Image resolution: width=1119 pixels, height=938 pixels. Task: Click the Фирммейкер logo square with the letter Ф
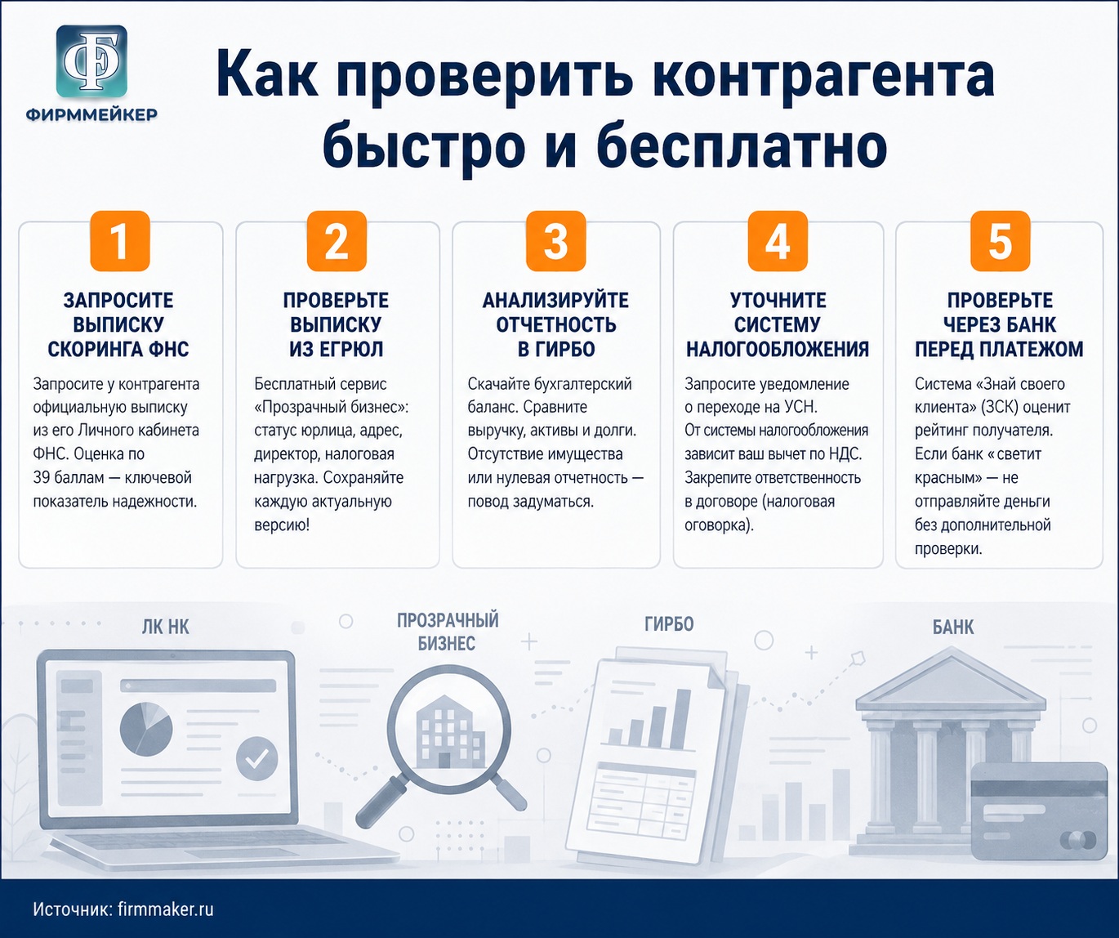pyautogui.click(x=91, y=61)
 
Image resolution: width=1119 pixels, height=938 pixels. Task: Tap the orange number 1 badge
pyautogui.click(x=120, y=241)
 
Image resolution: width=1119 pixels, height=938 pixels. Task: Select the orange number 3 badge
pyautogui.click(x=555, y=241)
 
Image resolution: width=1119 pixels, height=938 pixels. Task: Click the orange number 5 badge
pyautogui.click(x=1000, y=241)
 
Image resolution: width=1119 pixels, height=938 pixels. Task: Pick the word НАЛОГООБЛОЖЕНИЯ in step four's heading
pyautogui.click(x=778, y=350)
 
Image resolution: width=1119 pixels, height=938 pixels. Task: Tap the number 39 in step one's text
pyautogui.click(x=42, y=477)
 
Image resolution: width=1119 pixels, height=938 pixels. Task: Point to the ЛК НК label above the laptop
pyautogui.click(x=166, y=628)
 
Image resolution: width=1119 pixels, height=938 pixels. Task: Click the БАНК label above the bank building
pyautogui.click(x=953, y=628)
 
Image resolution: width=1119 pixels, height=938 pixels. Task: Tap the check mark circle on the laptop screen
pyautogui.click(x=257, y=758)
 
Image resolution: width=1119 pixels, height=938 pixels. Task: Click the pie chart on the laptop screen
pyautogui.click(x=146, y=729)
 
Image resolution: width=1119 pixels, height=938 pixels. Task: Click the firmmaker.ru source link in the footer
pyautogui.click(x=166, y=909)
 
